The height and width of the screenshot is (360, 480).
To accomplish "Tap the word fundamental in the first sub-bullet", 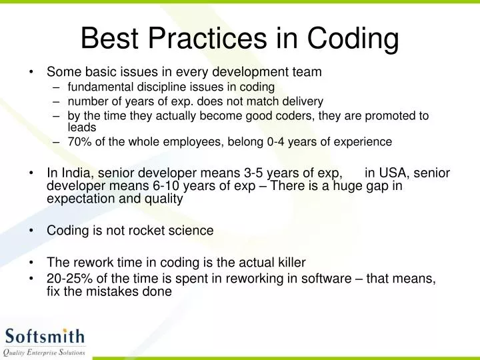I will click(99, 87).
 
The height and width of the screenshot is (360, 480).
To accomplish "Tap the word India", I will click(75, 173).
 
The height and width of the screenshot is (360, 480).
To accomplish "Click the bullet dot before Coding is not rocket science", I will click(31, 231).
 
